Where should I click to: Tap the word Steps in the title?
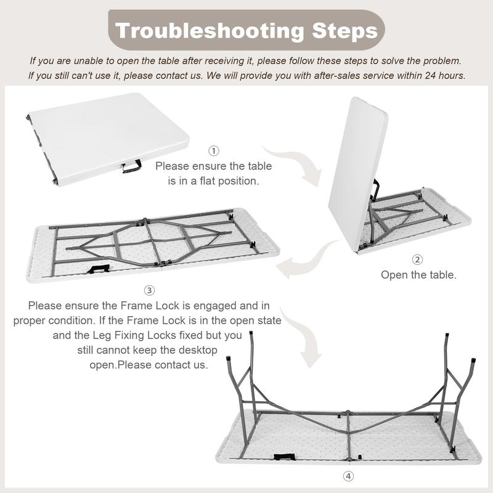[x=345, y=30]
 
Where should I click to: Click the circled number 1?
[x=214, y=151]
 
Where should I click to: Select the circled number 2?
[x=417, y=259]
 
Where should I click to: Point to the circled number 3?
[x=149, y=290]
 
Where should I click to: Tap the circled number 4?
[x=348, y=476]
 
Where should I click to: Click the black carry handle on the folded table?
[x=132, y=166]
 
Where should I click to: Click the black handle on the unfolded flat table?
[x=99, y=269]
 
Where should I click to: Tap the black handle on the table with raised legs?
[x=284, y=457]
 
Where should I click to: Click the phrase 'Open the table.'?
[x=418, y=275]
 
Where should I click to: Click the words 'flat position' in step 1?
[x=229, y=181]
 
